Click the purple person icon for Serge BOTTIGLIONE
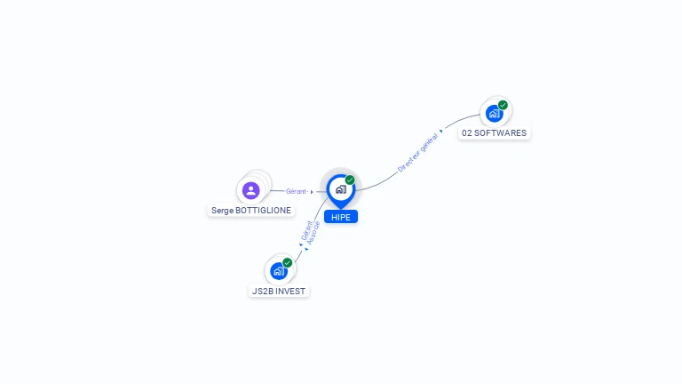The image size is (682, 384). coord(251,191)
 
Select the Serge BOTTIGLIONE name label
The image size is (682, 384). coord(251,211)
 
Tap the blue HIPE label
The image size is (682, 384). coord(341,217)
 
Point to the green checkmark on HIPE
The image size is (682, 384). coord(350,180)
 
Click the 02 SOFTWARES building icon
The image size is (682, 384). coord(494,114)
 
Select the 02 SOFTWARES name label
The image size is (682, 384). coord(494,132)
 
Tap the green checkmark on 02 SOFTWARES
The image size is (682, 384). coord(503,105)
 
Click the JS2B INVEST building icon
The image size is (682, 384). coord(279,271)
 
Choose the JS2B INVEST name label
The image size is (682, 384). coord(279,291)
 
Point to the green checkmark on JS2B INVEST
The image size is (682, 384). coord(287,262)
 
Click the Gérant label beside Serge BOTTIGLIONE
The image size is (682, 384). coord(296,191)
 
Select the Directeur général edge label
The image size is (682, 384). coord(417,153)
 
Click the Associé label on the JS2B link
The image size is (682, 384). coord(313,233)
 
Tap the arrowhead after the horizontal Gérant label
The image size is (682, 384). coord(312,192)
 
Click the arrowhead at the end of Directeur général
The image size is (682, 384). coord(441,131)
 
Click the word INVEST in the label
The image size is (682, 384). coord(291,291)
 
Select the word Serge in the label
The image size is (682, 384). coord(222,211)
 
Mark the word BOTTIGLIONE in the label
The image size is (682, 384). coord(263,211)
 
